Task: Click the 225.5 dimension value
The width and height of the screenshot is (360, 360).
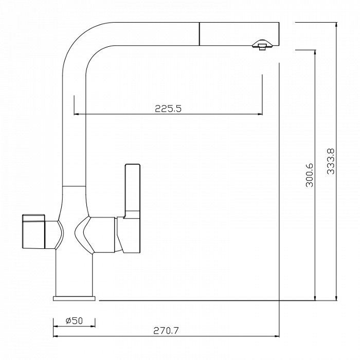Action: pos(168,109)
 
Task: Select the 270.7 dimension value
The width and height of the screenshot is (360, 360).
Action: pos(166,331)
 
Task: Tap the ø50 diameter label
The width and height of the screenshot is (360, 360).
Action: pos(74,320)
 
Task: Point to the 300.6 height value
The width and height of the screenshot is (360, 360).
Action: pos(310,175)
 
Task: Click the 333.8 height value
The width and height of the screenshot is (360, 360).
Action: pos(331,161)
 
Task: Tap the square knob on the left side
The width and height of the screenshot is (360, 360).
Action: pos(33,231)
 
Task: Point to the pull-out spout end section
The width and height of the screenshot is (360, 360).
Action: pos(239,34)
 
